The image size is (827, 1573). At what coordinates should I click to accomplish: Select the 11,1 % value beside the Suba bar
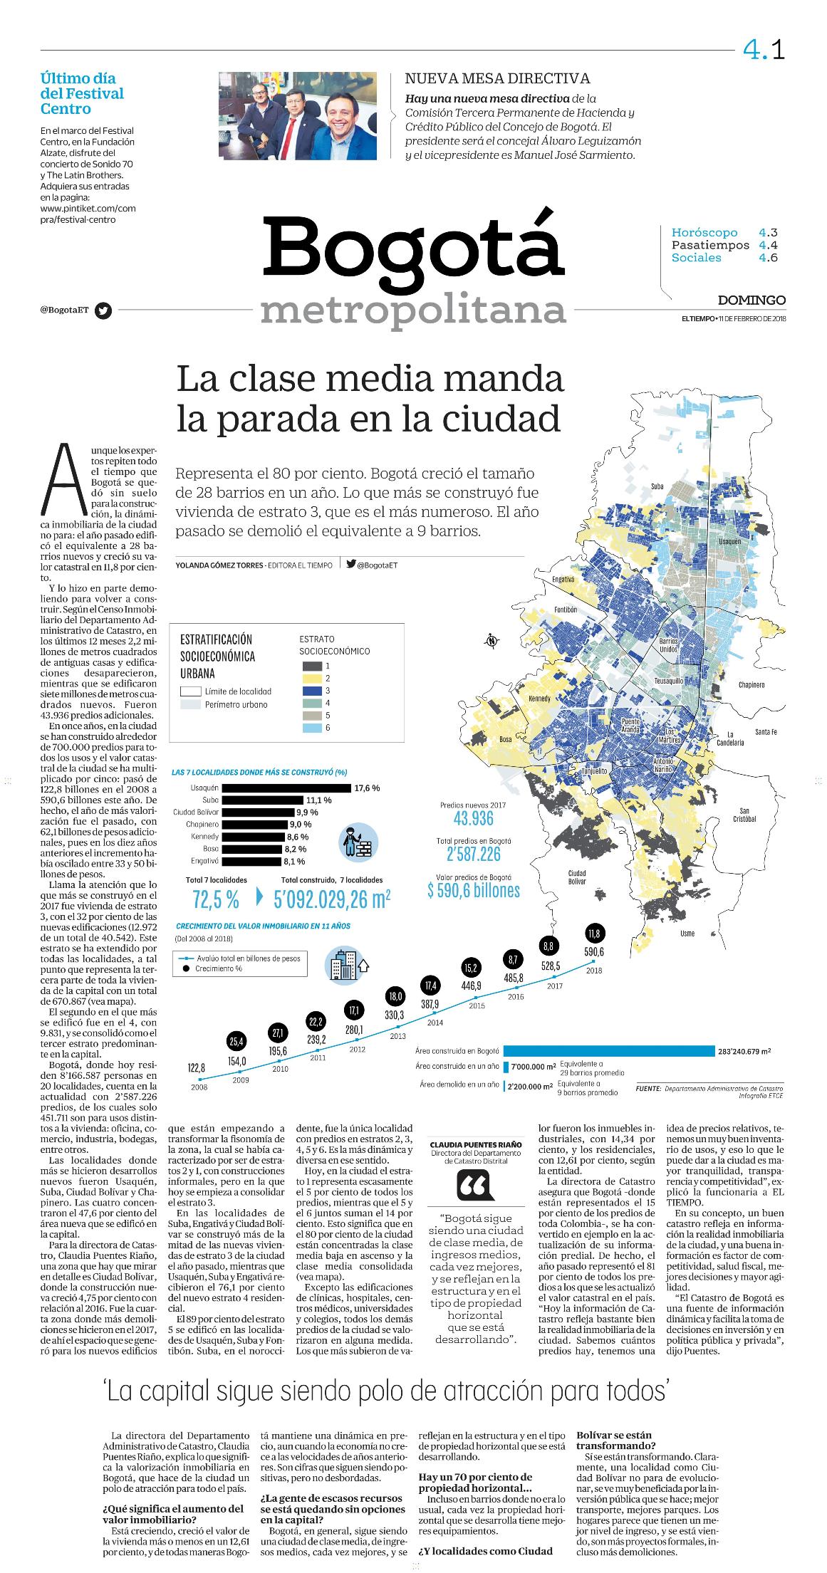tap(318, 800)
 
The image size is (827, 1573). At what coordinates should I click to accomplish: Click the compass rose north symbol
tap(491, 642)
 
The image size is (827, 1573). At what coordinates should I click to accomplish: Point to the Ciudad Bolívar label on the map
tap(577, 877)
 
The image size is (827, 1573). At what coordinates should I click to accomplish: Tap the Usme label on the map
tap(687, 933)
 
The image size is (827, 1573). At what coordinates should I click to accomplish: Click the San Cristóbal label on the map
tap(744, 815)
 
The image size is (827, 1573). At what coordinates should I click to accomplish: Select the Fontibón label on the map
tap(566, 610)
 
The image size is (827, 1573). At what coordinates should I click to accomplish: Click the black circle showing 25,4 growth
tap(236, 1042)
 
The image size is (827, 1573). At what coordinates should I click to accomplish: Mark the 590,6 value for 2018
tap(594, 952)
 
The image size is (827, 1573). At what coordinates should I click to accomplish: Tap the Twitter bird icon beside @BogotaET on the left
tap(104, 310)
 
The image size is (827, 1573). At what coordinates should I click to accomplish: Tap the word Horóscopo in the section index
tap(704, 233)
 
